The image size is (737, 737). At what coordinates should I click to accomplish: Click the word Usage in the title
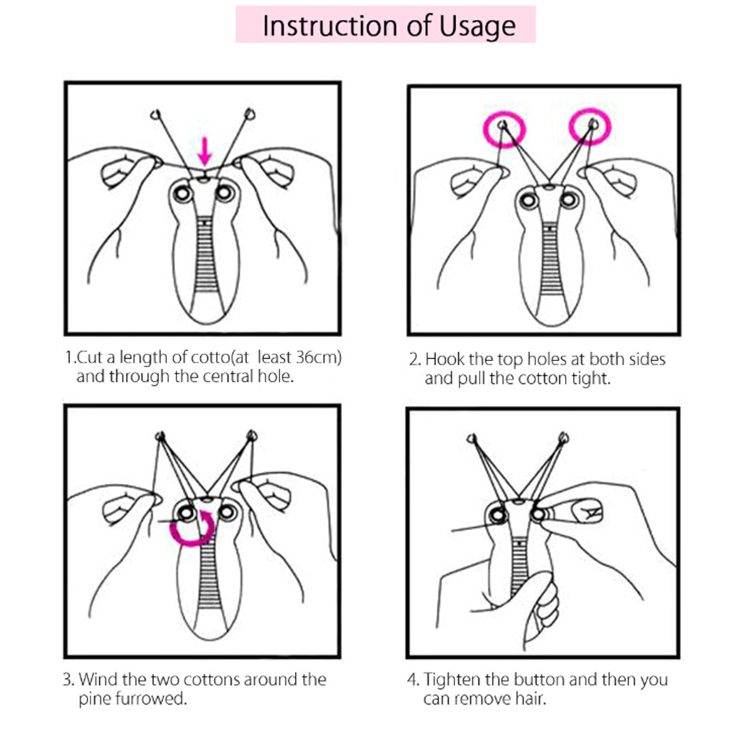[477, 27]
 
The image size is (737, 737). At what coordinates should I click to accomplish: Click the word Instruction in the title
[330, 26]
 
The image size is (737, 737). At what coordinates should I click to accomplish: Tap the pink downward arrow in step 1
[204, 150]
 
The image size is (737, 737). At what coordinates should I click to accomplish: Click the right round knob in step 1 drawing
[225, 192]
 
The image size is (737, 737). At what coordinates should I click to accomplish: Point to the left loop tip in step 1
[156, 114]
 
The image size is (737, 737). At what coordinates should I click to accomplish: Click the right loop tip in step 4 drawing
[563, 438]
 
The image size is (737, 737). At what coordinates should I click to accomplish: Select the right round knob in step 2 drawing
[568, 201]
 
